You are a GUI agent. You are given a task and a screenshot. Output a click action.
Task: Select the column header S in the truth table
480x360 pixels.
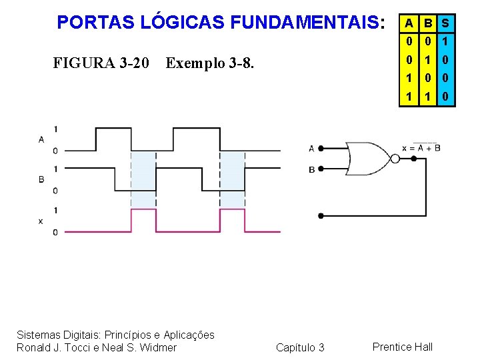pos(445,23)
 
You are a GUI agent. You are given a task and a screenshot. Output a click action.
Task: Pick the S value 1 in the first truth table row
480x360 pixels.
pos(445,41)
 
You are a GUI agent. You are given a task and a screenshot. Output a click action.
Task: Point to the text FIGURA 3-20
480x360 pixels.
pos(101,63)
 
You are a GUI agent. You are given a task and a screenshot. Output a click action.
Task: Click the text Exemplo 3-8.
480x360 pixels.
pos(210,63)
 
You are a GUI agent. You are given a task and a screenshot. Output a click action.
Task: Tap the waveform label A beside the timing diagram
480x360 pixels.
pos(41,139)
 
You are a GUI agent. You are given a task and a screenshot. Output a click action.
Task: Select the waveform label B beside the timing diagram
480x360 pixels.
pos(41,179)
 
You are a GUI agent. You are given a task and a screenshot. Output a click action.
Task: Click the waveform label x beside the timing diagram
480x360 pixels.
pos(41,221)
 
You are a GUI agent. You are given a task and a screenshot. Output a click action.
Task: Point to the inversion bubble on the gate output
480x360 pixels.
pos(395,159)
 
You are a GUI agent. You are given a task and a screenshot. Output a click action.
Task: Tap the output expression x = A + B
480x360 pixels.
pos(421,147)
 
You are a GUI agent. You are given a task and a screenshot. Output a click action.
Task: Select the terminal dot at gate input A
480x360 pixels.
pos(321,149)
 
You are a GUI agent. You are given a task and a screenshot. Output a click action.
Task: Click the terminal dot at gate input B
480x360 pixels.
pos(321,169)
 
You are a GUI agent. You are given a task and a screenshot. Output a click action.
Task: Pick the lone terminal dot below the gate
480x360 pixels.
pos(321,216)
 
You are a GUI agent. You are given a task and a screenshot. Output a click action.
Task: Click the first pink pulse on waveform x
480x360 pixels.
pos(143,220)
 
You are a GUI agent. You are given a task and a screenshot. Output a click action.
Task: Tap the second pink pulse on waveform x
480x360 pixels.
pos(233,220)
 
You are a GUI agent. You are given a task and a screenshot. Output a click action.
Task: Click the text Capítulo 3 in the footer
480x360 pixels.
pos(300,347)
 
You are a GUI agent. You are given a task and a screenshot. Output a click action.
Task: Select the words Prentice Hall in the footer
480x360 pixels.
pos(403,347)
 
